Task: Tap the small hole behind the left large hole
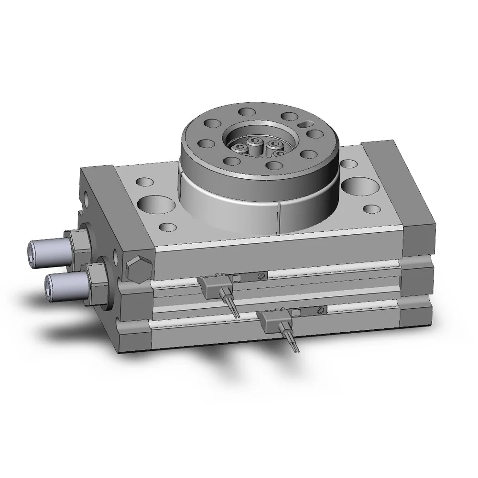[x=144, y=182]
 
